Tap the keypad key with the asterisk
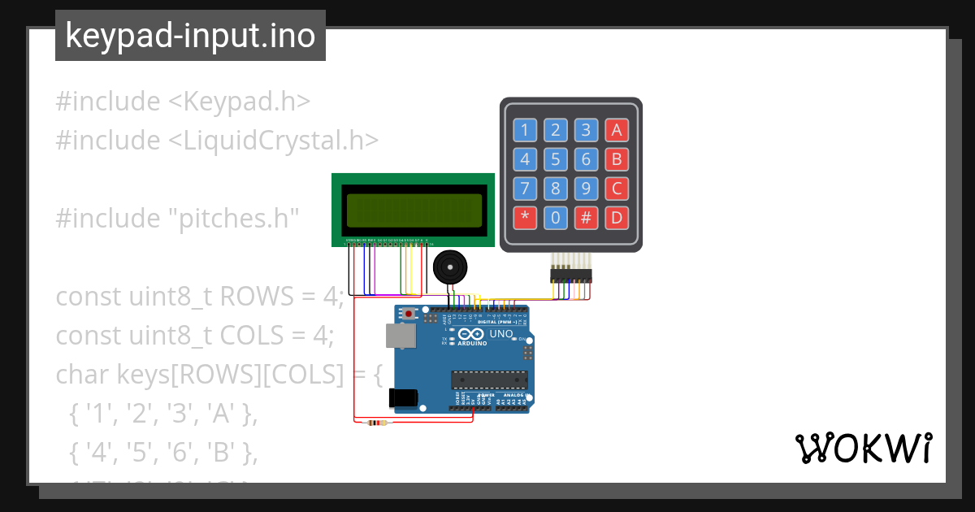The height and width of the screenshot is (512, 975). coord(525,218)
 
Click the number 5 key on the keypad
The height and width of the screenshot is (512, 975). coord(555,159)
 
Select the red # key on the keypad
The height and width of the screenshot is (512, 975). coord(586,218)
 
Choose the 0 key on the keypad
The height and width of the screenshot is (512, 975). coord(555,218)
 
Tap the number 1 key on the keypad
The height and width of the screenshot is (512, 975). coord(525,130)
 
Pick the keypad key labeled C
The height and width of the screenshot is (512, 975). coord(617,189)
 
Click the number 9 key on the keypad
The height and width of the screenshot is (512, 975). coord(586,189)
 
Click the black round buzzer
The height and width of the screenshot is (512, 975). coord(449,267)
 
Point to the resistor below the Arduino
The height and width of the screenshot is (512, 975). coord(377,423)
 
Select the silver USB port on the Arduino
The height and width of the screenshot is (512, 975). coord(397,334)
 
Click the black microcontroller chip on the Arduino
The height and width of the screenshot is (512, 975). coord(490,380)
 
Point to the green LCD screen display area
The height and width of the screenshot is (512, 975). coord(412,210)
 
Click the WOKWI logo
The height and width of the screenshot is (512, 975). coord(864,448)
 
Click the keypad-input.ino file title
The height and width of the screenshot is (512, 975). coord(190,36)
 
